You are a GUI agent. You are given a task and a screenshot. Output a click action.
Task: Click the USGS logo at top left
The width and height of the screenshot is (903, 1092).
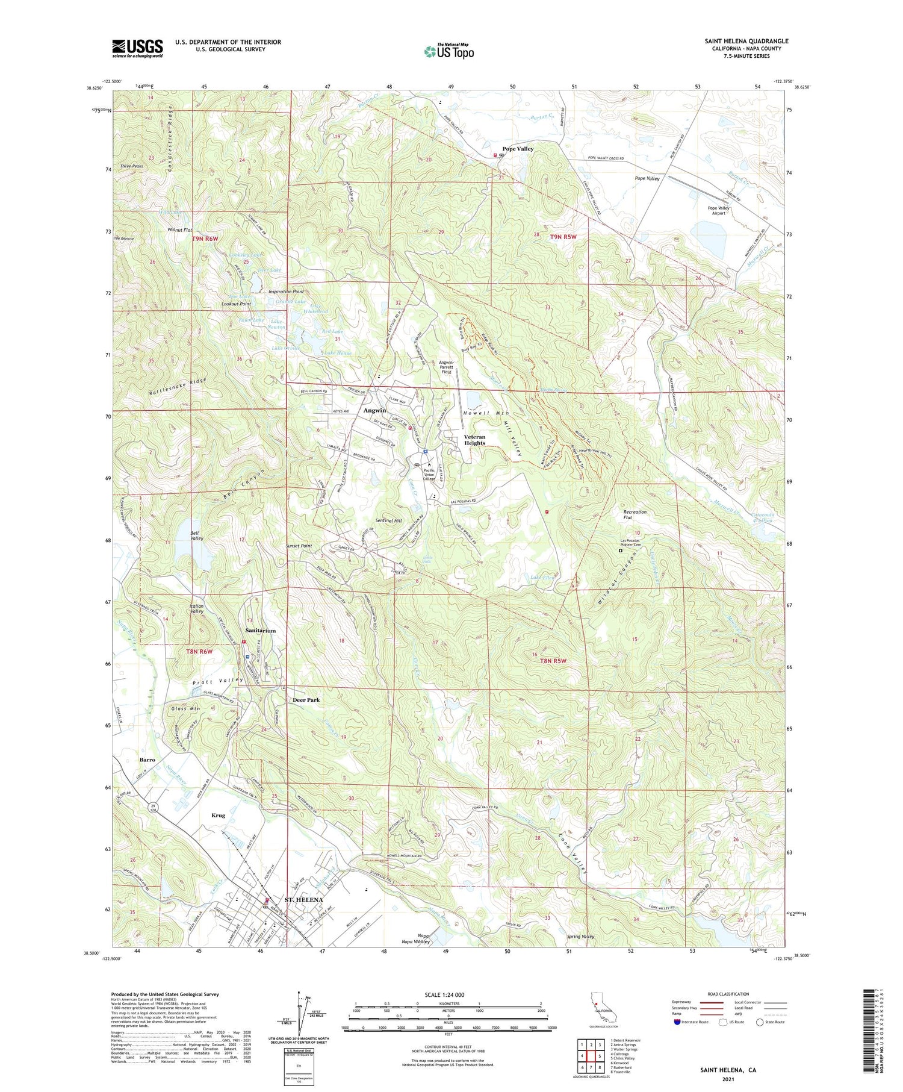pyautogui.click(x=137, y=48)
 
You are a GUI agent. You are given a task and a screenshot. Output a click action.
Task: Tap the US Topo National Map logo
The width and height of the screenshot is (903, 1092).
pyautogui.click(x=449, y=51)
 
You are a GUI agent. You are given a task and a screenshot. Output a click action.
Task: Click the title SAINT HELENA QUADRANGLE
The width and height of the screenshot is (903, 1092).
pyautogui.click(x=746, y=41)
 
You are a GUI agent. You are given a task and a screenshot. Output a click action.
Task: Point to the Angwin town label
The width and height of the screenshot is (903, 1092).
pyautogui.click(x=374, y=410)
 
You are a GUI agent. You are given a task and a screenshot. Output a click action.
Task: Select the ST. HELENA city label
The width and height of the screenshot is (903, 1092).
pyautogui.click(x=303, y=900)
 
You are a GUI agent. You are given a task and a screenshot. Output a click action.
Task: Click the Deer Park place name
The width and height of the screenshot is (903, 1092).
pyautogui.click(x=306, y=700)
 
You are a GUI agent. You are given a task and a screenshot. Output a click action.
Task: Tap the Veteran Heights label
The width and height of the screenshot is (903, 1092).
pyautogui.click(x=474, y=440)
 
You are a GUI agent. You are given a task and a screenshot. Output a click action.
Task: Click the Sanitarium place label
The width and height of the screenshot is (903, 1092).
pyautogui.click(x=261, y=631)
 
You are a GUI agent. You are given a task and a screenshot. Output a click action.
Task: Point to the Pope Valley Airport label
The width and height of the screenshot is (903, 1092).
pyautogui.click(x=718, y=211)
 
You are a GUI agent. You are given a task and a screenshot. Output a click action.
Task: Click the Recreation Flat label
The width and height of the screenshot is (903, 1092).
pyautogui.click(x=635, y=515)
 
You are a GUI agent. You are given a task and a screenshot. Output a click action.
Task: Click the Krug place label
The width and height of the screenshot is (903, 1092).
pyautogui.click(x=218, y=815)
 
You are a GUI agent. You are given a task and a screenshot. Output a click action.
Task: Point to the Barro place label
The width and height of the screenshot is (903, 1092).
pyautogui.click(x=147, y=760)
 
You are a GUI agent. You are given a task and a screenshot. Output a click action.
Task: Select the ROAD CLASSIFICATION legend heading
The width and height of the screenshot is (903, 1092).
pyautogui.click(x=728, y=994)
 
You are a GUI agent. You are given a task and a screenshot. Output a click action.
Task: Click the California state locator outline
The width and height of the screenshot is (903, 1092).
pyautogui.click(x=599, y=1011)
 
